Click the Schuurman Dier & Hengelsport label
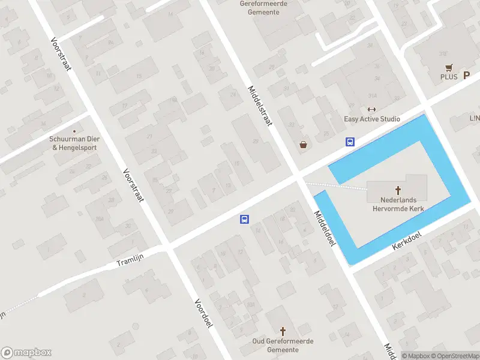pyautogui.click(x=74, y=143)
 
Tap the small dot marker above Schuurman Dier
pyautogui.click(x=74, y=131)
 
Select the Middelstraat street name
pyautogui.click(x=260, y=106)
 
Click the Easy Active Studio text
pyautogui.click(x=371, y=119)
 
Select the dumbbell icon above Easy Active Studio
pyautogui.click(x=371, y=109)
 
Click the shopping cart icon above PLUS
pyautogui.click(x=448, y=67)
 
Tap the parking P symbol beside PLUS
pyautogui.click(x=466, y=76)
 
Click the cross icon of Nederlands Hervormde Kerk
pyautogui.click(x=397, y=190)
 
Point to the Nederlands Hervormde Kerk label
pyautogui.click(x=397, y=204)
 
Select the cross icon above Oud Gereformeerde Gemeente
pyautogui.click(x=283, y=331)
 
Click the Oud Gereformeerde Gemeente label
pyautogui.click(x=283, y=345)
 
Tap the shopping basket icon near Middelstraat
pyautogui.click(x=304, y=145)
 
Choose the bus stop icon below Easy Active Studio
pyautogui.click(x=350, y=142)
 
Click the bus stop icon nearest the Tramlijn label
pyautogui.click(x=244, y=220)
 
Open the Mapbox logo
pyautogui.click(x=26, y=353)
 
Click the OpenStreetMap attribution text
pyautogui.click(x=455, y=356)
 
